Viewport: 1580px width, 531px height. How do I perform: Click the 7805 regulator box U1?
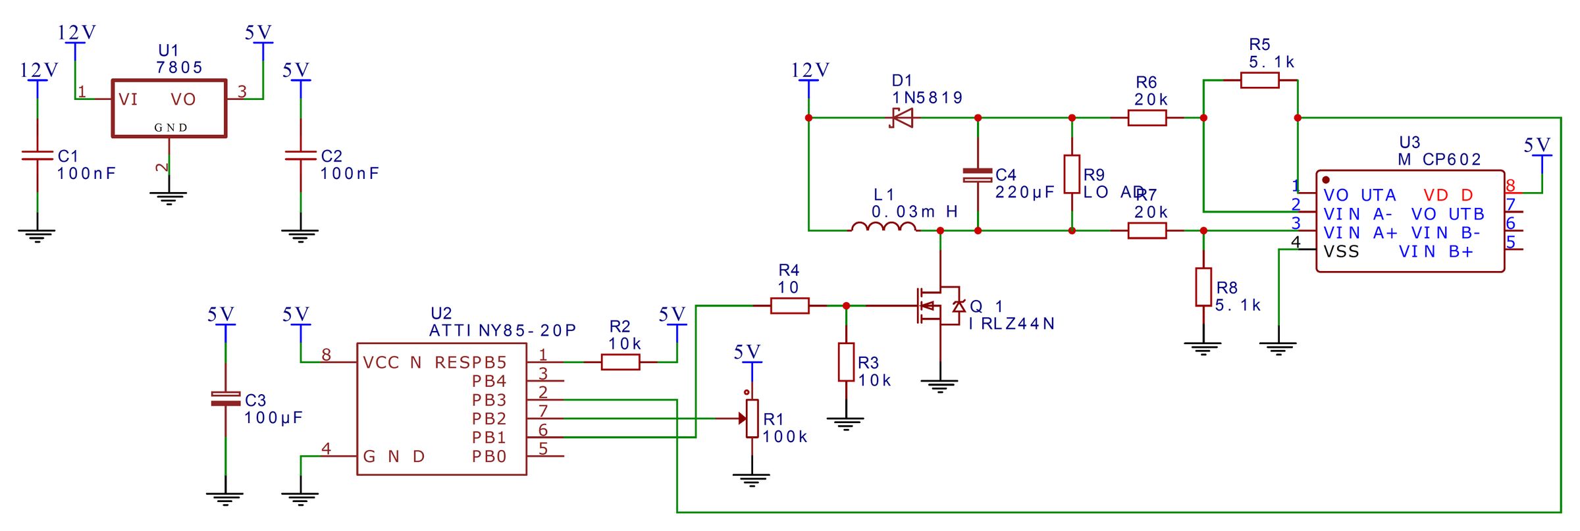169,109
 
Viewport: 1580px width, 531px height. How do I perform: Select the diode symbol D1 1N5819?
902,118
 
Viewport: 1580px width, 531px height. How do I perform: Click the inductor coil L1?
883,227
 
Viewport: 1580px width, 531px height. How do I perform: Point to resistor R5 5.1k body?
1259,80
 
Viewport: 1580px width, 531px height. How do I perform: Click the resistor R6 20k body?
1147,118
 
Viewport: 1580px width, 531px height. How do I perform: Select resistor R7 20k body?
1147,230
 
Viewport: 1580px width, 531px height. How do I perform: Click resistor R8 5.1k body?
1203,287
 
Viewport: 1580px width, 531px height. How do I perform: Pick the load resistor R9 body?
1072,174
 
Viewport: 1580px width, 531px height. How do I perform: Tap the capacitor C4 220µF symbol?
978,175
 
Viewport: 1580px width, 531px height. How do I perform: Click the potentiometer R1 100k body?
752,418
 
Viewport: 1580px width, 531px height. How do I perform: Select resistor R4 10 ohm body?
789,305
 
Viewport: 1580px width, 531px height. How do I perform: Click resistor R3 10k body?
846,362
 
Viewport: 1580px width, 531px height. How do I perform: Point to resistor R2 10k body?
620,362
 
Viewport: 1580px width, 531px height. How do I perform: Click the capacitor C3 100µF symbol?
225,399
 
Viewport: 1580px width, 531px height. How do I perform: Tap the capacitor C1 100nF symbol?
38,156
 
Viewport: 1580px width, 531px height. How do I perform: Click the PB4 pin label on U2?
488,381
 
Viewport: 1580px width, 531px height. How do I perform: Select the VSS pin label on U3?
1341,252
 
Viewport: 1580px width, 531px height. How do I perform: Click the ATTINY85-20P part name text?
503,330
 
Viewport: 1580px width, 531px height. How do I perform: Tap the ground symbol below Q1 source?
939,386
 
